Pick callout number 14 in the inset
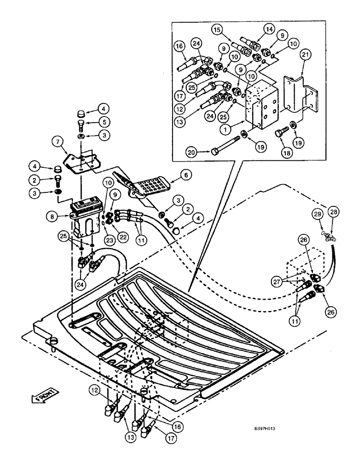click(269, 29)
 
